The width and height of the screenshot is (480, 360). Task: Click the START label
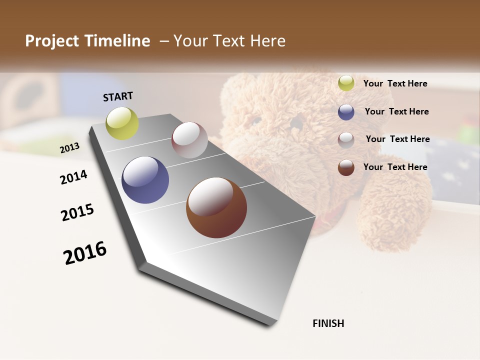pos(118,96)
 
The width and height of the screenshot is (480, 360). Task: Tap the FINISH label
pos(328,323)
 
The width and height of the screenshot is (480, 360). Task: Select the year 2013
pos(69,147)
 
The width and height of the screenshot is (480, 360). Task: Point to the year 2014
pos(73,177)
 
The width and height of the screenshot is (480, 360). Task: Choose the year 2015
pos(77,212)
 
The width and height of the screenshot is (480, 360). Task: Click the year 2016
pos(85,252)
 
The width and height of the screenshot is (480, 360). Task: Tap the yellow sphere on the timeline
pos(122,123)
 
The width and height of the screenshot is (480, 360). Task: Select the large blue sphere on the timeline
pos(145,180)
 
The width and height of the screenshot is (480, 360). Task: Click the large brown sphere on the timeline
pos(216,207)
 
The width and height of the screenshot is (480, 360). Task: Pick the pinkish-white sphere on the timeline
pos(189,140)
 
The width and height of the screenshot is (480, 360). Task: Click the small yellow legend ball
pos(346,83)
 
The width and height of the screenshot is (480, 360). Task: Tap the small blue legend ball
pos(346,112)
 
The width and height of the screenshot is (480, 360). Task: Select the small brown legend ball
pos(346,167)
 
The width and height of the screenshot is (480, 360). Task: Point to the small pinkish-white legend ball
pos(346,139)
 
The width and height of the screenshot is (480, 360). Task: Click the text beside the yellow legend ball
pos(395,83)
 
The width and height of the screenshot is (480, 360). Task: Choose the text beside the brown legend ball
pos(395,167)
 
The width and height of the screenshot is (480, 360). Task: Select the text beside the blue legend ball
pos(396,111)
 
